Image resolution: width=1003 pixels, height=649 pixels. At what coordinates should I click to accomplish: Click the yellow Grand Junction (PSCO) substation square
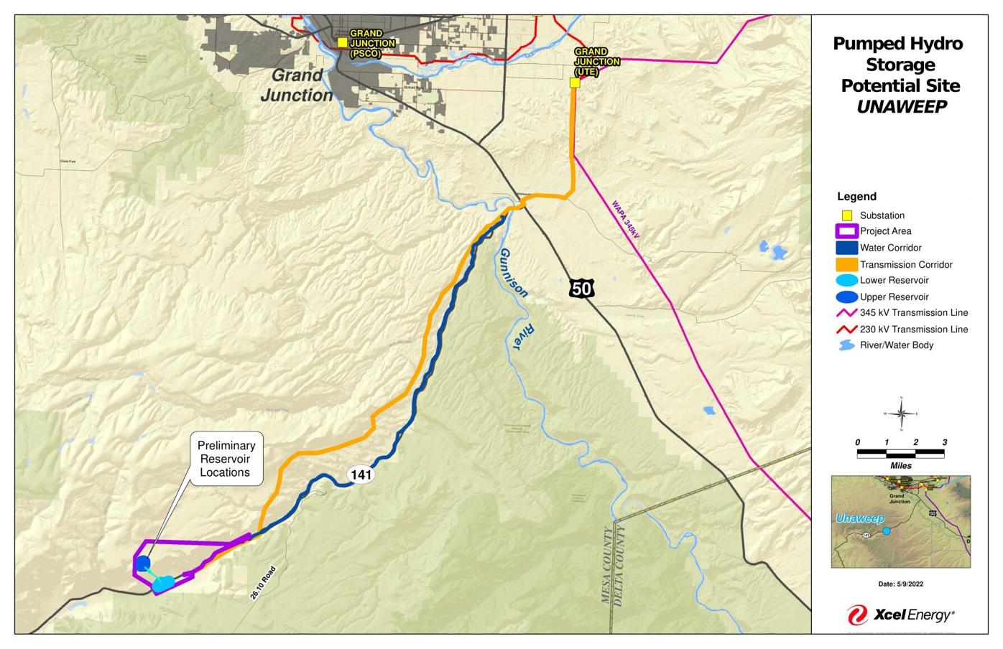coord(343,42)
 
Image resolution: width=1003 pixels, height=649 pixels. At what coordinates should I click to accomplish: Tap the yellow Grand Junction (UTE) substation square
coord(575,83)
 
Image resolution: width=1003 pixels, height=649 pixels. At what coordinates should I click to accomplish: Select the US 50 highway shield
coord(582,289)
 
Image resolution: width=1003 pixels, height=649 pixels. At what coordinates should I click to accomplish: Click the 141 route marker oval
coord(361,475)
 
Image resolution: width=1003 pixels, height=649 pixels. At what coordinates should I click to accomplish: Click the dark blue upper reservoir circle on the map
coord(143,563)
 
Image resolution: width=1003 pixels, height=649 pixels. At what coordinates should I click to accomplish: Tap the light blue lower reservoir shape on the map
coord(162,584)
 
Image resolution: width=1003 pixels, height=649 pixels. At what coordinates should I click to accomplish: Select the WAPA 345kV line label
coord(624,219)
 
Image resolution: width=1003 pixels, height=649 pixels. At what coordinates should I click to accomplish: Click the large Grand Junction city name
coord(297,85)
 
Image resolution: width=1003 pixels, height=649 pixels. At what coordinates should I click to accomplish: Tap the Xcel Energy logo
coord(901,615)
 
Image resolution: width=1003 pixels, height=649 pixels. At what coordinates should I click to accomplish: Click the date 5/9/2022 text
coord(901,584)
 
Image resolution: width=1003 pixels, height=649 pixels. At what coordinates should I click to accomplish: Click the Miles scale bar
coord(901,454)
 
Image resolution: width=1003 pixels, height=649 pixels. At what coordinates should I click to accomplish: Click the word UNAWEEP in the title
coord(901,107)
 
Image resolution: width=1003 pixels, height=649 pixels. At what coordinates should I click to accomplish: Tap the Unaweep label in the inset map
coord(860,518)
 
